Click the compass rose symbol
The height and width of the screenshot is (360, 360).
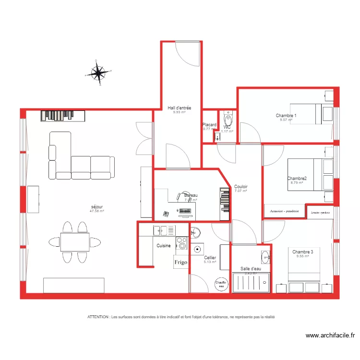(98, 73)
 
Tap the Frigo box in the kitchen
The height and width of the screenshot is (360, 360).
(180, 262)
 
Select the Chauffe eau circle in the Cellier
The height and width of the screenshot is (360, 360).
(222, 284)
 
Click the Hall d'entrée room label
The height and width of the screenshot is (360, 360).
(179, 108)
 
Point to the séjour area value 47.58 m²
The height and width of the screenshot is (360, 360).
(96, 211)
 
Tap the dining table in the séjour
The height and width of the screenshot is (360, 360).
(74, 241)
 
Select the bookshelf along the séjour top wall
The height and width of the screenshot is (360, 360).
(63, 116)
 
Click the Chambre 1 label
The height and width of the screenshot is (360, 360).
(286, 116)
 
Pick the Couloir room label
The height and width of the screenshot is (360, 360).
(240, 187)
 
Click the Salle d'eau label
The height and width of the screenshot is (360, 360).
(251, 269)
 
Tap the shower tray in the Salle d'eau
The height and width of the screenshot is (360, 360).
(251, 283)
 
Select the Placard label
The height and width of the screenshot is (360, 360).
(209, 125)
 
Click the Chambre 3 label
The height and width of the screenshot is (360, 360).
(302, 252)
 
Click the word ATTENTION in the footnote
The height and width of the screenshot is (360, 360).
(98, 317)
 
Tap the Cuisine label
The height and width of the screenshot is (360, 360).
(164, 246)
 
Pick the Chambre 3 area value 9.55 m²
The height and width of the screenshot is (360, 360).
(302, 256)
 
